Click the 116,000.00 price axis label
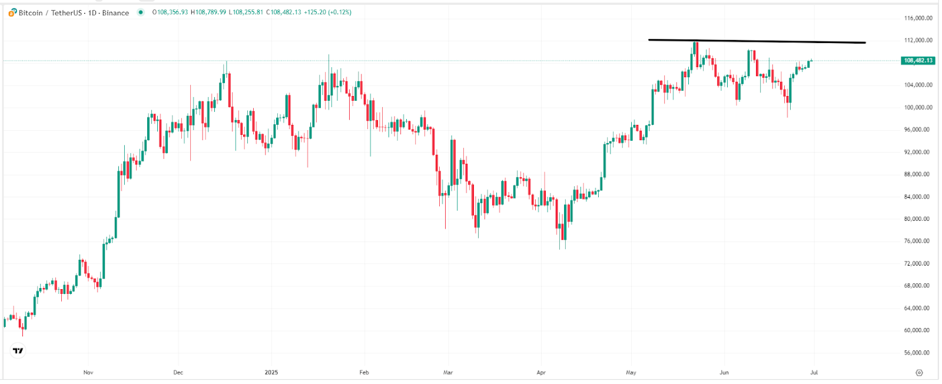[918, 18]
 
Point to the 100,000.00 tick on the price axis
[918, 107]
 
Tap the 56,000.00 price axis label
[918, 353]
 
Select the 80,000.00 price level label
[918, 219]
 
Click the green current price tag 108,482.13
[918, 61]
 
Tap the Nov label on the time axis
[88, 372]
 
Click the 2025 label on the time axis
[271, 372]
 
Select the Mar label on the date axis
[448, 372]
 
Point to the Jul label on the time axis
[814, 372]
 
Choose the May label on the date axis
[631, 372]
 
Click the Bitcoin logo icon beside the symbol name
[13, 12]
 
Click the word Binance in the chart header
[115, 12]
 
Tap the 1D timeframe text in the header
[92, 12]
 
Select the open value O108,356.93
[170, 12]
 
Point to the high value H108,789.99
[208, 12]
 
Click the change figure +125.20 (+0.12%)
[327, 12]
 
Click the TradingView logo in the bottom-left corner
[18, 351]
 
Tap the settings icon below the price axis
[919, 373]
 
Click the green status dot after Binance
[140, 12]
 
